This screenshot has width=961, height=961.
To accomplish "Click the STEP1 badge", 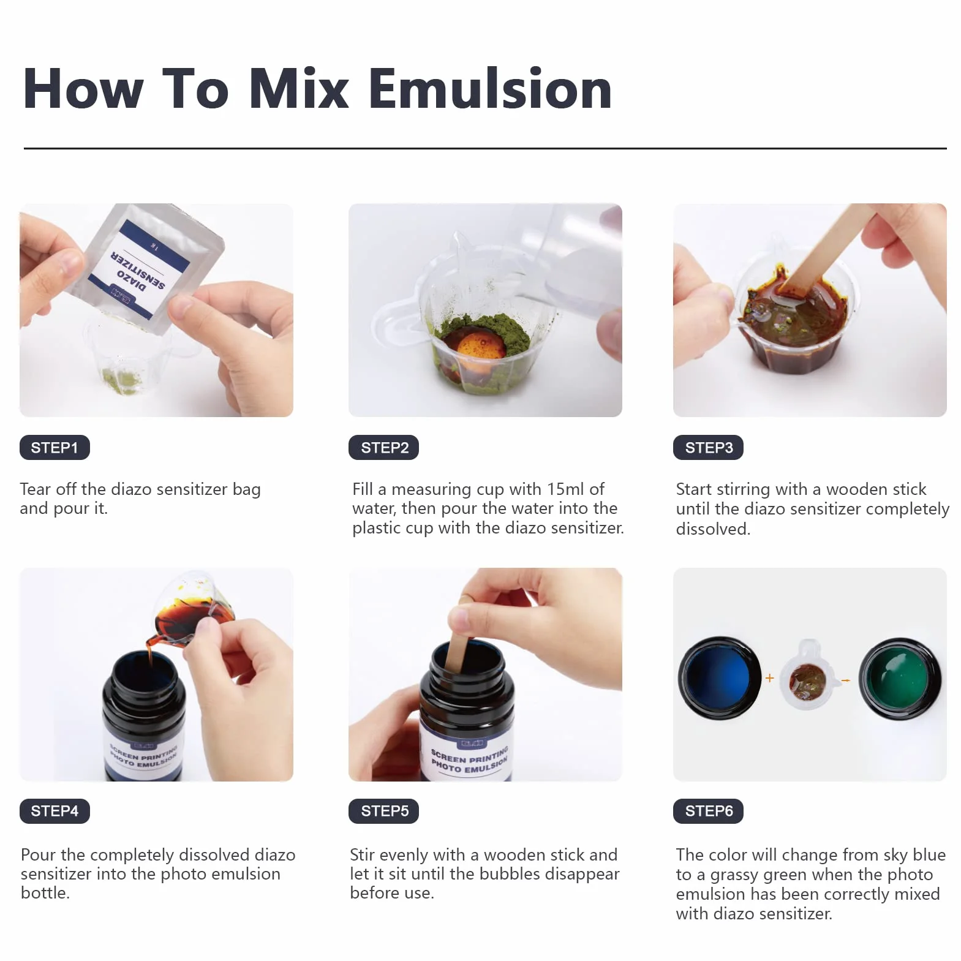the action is click(55, 448).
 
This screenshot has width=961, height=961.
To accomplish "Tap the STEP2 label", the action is click(384, 448).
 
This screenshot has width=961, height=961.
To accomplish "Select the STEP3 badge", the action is click(709, 448).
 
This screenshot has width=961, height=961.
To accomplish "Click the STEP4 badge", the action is click(55, 811).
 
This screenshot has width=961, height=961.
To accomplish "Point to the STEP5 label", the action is click(384, 811).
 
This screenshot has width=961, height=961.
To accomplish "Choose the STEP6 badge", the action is click(709, 811).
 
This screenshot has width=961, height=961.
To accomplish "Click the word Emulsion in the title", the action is click(490, 89).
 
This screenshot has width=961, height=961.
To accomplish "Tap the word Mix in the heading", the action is click(299, 89).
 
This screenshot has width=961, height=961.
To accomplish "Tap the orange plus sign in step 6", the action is click(769, 678).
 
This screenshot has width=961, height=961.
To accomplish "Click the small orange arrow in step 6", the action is click(846, 680).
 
